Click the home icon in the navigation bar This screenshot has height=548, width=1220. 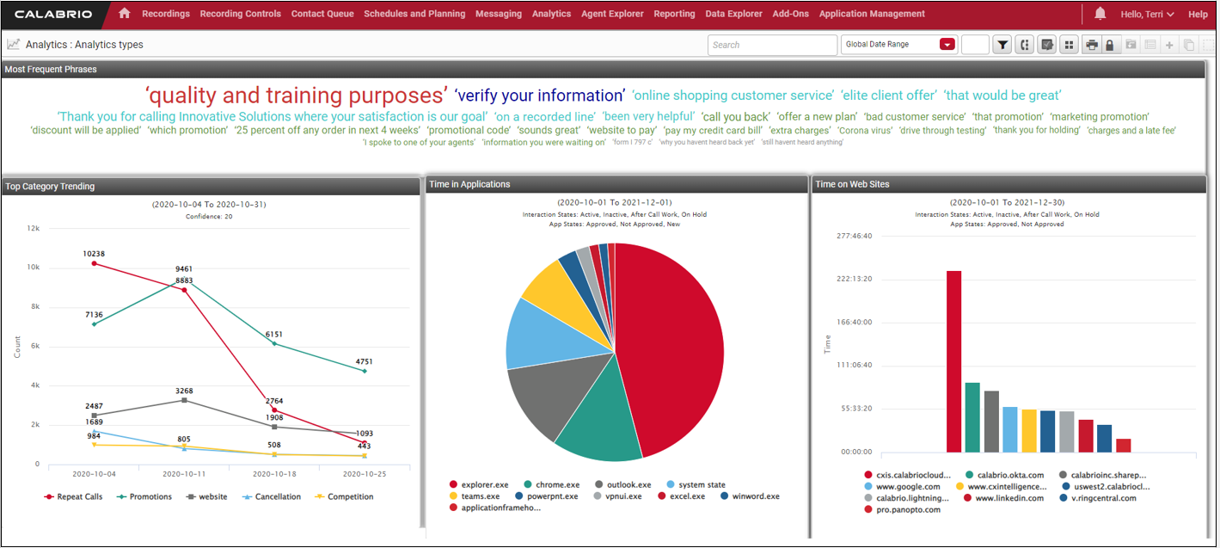click(x=125, y=14)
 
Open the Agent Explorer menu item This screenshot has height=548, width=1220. click(x=612, y=14)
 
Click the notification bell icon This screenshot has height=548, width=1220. click(x=1100, y=14)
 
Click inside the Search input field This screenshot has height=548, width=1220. click(x=771, y=45)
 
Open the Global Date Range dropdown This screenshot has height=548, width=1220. click(x=947, y=45)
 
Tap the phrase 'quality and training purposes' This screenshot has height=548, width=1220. click(x=297, y=95)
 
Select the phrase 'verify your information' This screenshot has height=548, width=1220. click(x=539, y=95)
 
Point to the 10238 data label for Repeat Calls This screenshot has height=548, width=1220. click(x=94, y=254)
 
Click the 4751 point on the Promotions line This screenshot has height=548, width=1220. click(x=365, y=371)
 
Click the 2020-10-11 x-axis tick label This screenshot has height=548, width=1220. click(x=183, y=474)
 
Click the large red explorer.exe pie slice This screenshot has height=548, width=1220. click(x=671, y=344)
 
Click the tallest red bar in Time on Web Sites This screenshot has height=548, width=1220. click(x=953, y=361)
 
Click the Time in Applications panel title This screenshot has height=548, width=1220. click(x=469, y=184)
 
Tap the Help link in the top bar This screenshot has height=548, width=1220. click(x=1198, y=14)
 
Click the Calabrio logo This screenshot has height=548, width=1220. click(x=50, y=14)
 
